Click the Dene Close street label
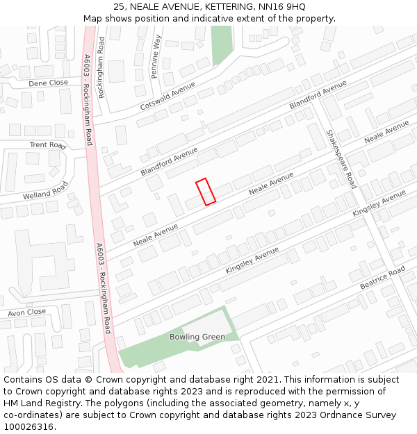coord(48,83)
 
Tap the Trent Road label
coord(47,145)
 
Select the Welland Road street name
coord(45,190)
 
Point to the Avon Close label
coord(27,312)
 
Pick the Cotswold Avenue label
coord(167,96)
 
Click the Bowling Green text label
coord(197,337)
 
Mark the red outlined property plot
coord(206,192)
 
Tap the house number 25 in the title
coord(119,6)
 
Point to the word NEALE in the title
coord(145,6)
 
